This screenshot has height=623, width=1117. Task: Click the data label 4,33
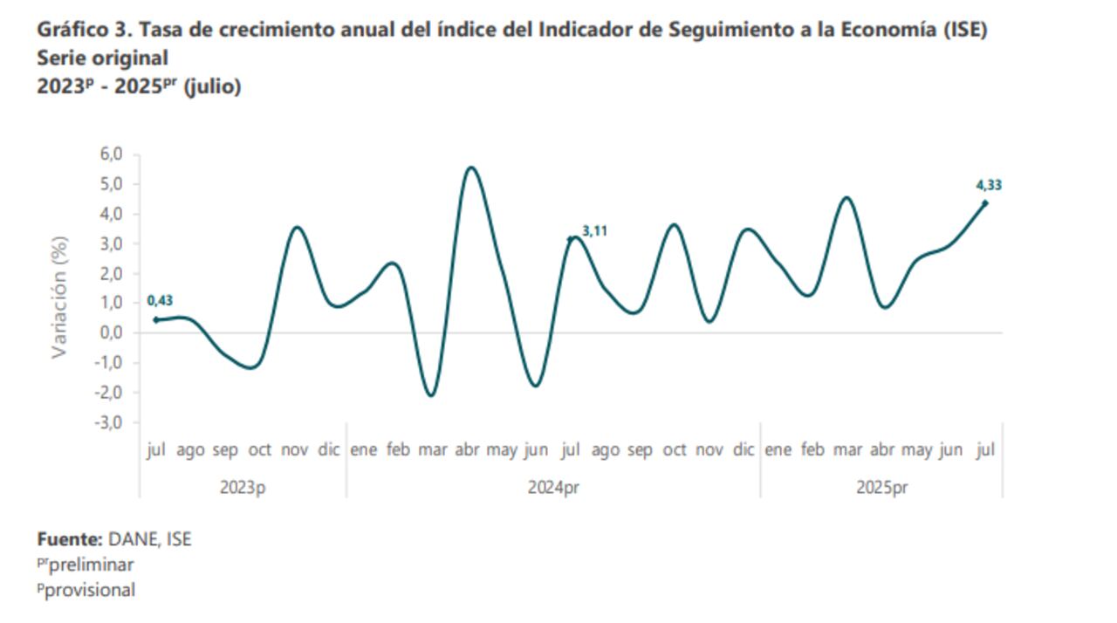(x=988, y=185)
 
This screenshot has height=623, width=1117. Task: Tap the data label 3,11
(x=594, y=231)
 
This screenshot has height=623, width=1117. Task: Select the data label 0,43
(x=160, y=301)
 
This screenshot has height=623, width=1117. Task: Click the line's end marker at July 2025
(x=985, y=203)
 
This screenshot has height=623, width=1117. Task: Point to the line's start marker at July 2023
(x=156, y=320)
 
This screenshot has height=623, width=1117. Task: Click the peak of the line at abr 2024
(x=471, y=168)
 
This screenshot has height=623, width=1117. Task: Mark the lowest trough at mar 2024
(x=431, y=395)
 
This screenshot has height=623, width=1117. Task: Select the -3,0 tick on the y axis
(x=112, y=422)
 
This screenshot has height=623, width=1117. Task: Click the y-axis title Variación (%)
(x=59, y=297)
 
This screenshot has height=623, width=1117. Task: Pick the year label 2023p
(x=243, y=488)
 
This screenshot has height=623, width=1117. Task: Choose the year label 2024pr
(x=553, y=488)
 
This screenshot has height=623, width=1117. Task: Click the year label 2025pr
(x=881, y=488)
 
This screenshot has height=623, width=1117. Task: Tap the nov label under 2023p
(x=294, y=450)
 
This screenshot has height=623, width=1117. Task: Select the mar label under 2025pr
(x=846, y=450)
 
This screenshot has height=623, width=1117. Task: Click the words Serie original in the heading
(x=102, y=58)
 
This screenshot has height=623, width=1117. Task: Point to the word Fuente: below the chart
(x=70, y=539)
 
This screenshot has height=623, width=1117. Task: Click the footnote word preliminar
(x=90, y=565)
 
